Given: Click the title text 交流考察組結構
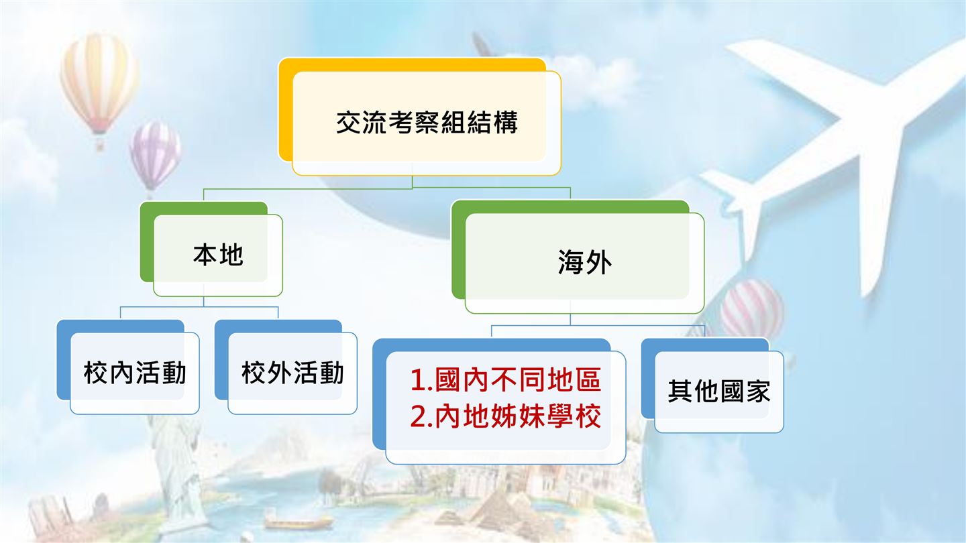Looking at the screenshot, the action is pyautogui.click(x=427, y=123).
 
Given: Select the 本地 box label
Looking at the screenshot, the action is pyautogui.click(x=218, y=255).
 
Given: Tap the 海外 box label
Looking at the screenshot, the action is pyautogui.click(x=585, y=262).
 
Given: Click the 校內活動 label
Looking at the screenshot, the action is pyautogui.click(x=135, y=373).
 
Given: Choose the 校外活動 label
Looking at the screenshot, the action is pyautogui.click(x=292, y=373).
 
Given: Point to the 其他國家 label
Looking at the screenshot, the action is pyautogui.click(x=719, y=391).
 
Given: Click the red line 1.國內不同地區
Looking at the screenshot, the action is pyautogui.click(x=505, y=379).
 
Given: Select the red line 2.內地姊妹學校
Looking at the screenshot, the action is pyautogui.click(x=505, y=416).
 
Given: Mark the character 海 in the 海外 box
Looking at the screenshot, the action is pyautogui.click(x=572, y=262).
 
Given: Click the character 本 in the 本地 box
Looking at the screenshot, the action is pyautogui.click(x=205, y=255).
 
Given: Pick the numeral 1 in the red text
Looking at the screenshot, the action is pyautogui.click(x=417, y=380).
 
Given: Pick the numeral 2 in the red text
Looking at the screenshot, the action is pyautogui.click(x=418, y=416).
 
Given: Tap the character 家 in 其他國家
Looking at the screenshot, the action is pyautogui.click(x=758, y=391).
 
